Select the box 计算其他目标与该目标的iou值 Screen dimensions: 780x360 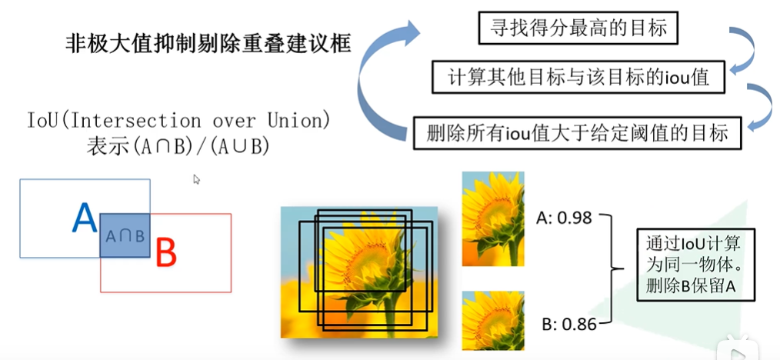point(578,77)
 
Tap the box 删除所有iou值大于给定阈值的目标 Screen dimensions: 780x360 point(578,132)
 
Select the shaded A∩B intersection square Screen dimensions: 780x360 point(125,235)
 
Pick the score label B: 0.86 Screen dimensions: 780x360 point(568,324)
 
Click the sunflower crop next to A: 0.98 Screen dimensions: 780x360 point(492,219)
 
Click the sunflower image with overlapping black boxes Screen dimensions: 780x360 point(358,272)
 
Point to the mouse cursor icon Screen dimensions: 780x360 point(197,179)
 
